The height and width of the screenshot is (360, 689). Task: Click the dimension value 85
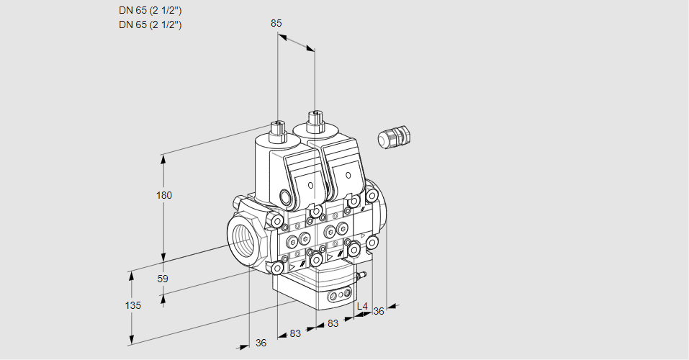tap(276, 23)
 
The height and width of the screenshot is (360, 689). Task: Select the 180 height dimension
tap(166, 195)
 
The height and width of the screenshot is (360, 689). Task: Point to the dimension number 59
tap(163, 279)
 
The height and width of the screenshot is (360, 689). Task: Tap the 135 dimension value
tap(132, 305)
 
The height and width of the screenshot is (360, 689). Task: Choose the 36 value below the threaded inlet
tap(261, 343)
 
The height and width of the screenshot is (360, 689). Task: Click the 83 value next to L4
tap(333, 324)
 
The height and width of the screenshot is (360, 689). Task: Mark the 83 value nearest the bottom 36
tap(295, 333)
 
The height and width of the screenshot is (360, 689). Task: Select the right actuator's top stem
tap(315, 119)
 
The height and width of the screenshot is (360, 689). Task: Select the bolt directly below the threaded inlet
tap(277, 268)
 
